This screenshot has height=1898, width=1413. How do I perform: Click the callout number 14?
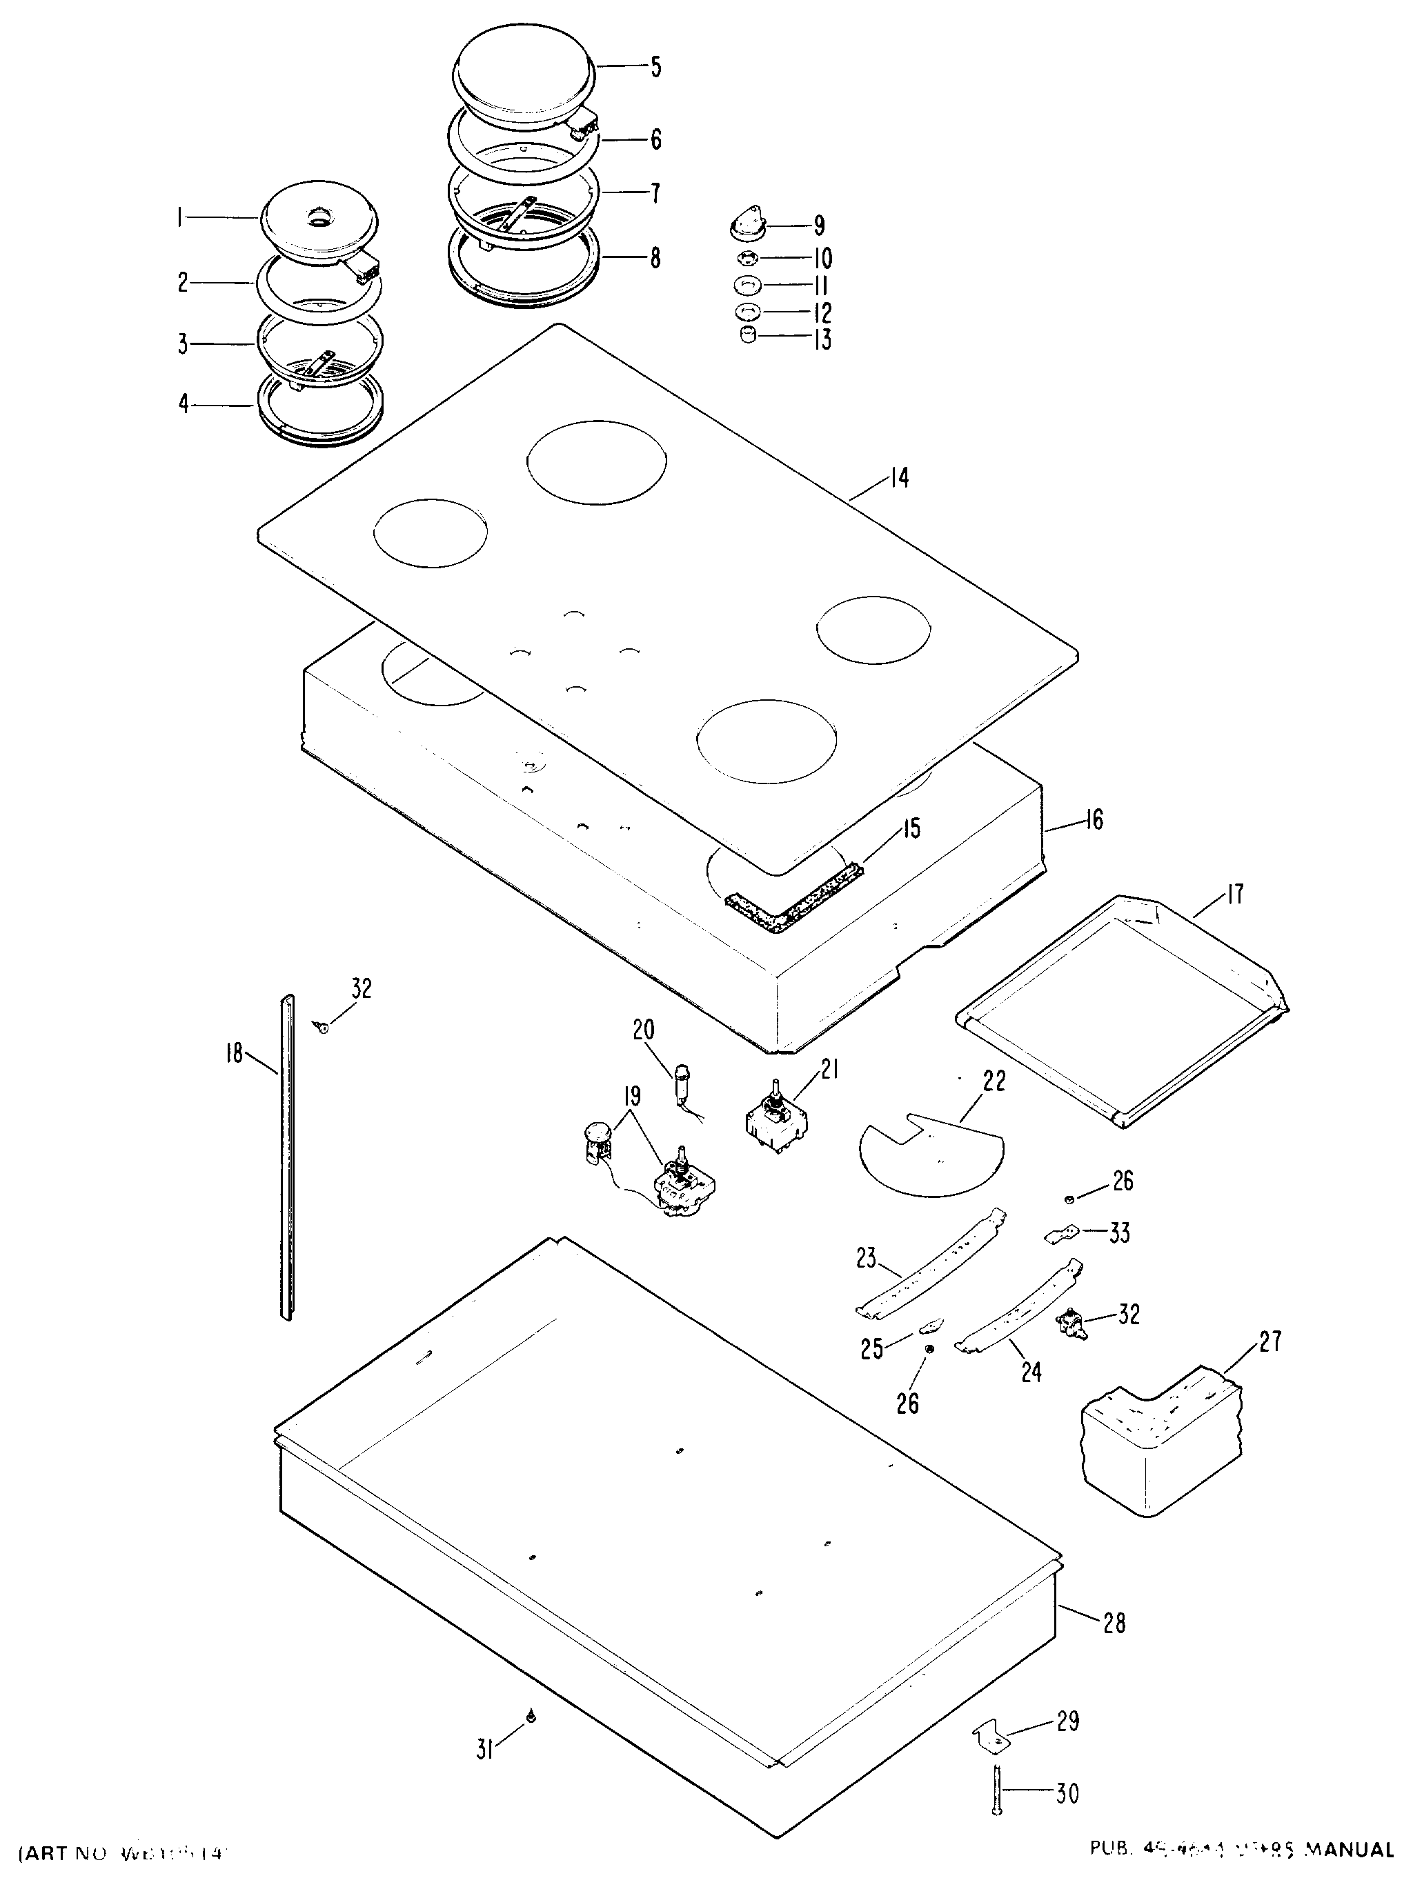pos(898,477)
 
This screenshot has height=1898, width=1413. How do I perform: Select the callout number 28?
pos(1114,1622)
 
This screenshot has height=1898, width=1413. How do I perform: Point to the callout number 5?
pos(655,67)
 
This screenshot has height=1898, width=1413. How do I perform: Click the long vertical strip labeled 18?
pos(288,1163)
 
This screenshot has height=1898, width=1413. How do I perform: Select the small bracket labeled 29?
pos(988,1737)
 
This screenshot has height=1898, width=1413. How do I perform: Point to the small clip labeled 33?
pos(1060,1234)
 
